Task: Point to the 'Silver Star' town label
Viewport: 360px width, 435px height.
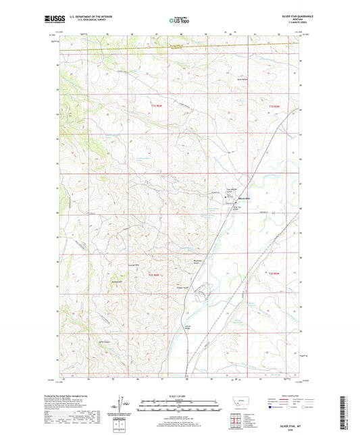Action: pos(244,197)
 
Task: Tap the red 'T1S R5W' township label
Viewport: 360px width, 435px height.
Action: pos(274,106)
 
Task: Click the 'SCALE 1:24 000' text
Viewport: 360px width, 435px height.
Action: pos(179,394)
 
